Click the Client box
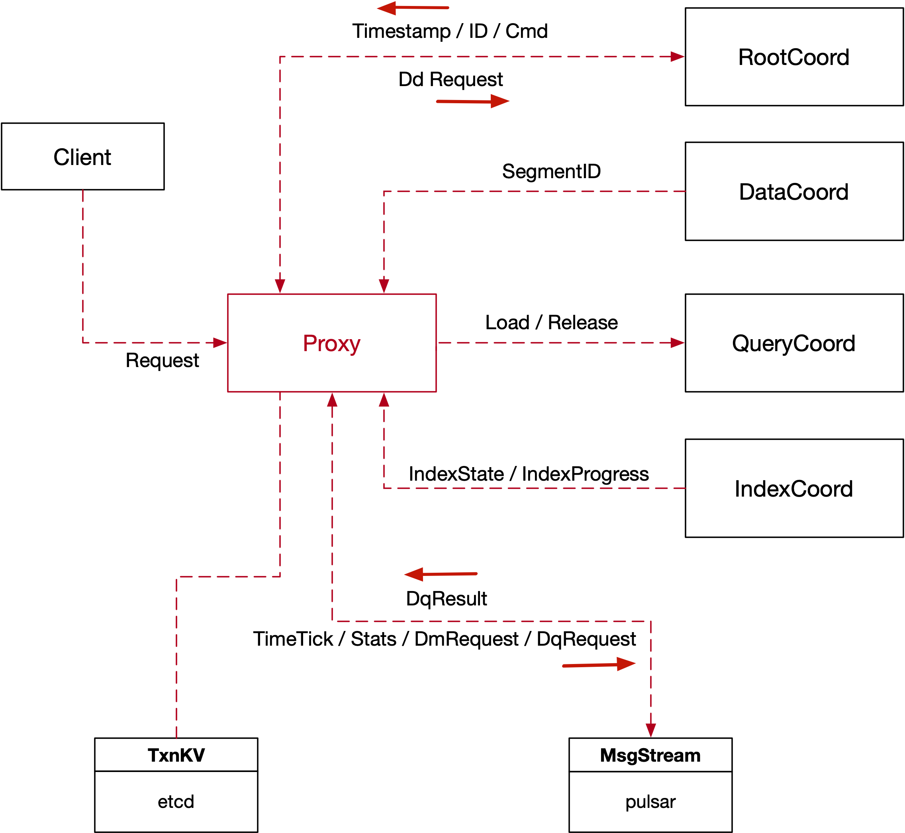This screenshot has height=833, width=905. click(x=83, y=156)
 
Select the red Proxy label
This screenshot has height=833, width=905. click(x=331, y=344)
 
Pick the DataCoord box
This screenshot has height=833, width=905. click(x=794, y=192)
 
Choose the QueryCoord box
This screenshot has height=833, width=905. click(x=794, y=344)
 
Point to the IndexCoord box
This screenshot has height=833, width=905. click(x=794, y=489)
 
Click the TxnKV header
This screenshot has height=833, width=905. click(x=176, y=755)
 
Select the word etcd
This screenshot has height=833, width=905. click(x=176, y=802)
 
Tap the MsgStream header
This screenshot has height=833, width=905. click(x=650, y=755)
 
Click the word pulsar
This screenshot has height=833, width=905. click(x=650, y=802)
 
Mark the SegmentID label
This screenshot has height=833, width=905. click(x=551, y=171)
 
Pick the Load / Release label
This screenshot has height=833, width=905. click(x=551, y=323)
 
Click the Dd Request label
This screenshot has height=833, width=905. click(x=451, y=79)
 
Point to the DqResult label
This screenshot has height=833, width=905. click(x=447, y=599)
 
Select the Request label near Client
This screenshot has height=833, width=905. click(x=162, y=361)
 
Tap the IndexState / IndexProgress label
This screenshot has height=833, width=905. click(x=529, y=474)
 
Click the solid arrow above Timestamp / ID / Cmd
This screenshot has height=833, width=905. click(x=413, y=8)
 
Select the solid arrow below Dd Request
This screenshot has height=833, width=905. click(x=473, y=101)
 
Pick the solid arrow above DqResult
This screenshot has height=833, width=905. click(x=441, y=574)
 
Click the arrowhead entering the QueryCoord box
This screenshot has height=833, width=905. click(x=677, y=343)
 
